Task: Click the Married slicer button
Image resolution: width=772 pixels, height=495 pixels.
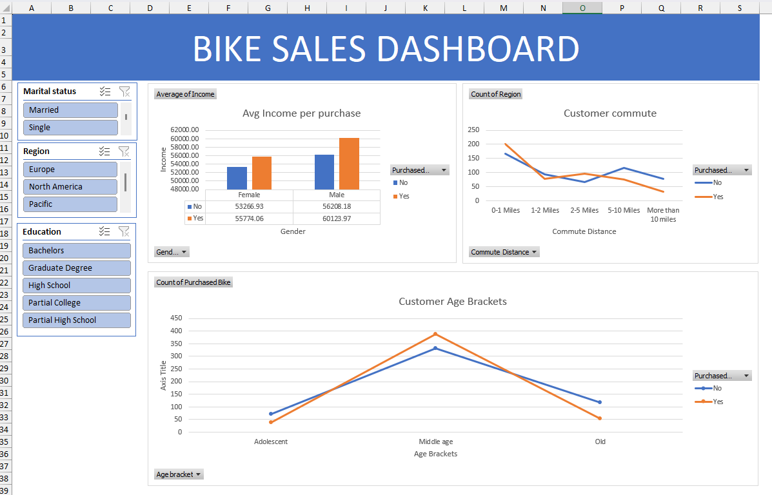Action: pos(70,110)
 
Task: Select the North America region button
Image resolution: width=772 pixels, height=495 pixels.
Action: pos(70,187)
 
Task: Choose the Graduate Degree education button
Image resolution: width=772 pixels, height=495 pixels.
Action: pos(77,268)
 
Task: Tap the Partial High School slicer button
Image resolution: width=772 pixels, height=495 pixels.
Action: pos(77,320)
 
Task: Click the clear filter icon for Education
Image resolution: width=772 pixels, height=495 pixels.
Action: pos(124,232)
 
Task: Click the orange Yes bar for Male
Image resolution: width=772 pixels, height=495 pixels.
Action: pos(349,163)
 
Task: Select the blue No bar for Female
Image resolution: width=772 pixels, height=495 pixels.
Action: pos(237,178)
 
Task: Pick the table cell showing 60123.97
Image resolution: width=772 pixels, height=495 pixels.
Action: pos(337,218)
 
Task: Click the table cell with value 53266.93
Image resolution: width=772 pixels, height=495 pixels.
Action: pos(249,206)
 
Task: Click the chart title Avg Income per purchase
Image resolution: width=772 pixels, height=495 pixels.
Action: pos(301,113)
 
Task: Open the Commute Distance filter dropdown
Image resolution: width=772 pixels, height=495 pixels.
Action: pos(504,252)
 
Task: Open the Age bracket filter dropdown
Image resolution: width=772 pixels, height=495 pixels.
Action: pos(179,474)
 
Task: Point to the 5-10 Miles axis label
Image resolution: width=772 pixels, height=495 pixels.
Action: pos(624,210)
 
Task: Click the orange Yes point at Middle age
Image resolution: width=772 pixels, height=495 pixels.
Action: pos(435,334)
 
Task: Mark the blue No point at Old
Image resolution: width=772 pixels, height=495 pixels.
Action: pos(600,402)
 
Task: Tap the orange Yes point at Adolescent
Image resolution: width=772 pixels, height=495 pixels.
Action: pos(271,422)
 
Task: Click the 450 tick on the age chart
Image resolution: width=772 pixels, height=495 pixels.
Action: pos(175,318)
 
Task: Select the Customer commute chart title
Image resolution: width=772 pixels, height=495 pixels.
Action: pos(609,113)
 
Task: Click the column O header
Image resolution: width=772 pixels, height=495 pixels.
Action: pos(582,7)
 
